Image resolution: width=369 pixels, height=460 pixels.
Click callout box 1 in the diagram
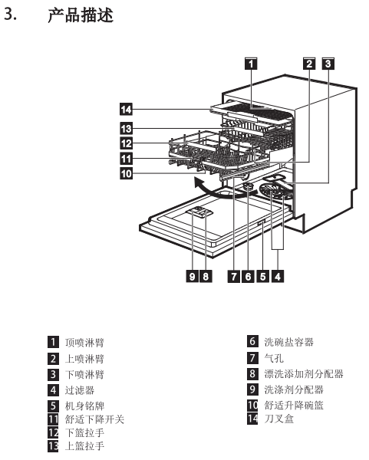[x=251, y=64]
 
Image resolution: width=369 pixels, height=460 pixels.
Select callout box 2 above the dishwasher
[x=309, y=64]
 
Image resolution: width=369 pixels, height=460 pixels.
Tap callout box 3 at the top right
[x=328, y=64]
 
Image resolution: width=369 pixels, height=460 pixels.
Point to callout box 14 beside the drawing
[x=127, y=109]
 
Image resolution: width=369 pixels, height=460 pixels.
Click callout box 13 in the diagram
[x=127, y=128]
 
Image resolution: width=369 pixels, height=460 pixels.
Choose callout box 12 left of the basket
[x=127, y=143]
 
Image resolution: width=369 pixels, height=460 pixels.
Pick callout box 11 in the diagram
[x=127, y=159]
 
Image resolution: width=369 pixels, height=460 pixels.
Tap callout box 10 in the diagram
[x=127, y=173]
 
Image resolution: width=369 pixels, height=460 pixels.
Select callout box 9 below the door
[x=193, y=276]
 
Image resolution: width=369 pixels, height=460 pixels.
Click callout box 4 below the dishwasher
[x=278, y=276]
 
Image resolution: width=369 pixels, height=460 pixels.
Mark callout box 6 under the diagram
[x=248, y=276]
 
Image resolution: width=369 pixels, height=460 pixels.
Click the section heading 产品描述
[x=81, y=15]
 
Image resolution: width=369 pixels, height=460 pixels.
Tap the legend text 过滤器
[x=80, y=390]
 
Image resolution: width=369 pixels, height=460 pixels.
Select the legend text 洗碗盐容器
[x=289, y=342]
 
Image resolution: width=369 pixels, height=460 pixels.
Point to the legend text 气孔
[x=274, y=358]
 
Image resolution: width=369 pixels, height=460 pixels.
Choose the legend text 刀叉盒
[x=279, y=419]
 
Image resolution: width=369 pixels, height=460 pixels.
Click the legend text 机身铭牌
[x=84, y=406]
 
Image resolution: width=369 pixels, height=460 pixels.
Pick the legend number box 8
[x=252, y=374]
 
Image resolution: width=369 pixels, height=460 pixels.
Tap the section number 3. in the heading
[x=10, y=14]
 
